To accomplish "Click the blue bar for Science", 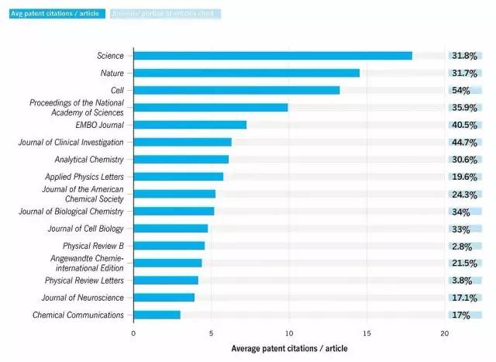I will (273, 56).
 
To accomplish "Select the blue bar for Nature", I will (246, 73).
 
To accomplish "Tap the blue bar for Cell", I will (236, 90).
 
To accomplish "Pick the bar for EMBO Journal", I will (190, 125).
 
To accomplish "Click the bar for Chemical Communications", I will (157, 315).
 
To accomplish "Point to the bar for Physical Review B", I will (169, 246).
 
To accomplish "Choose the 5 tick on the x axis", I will (212, 333).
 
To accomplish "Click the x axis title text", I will (290, 348).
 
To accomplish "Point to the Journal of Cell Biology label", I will (85, 229).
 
